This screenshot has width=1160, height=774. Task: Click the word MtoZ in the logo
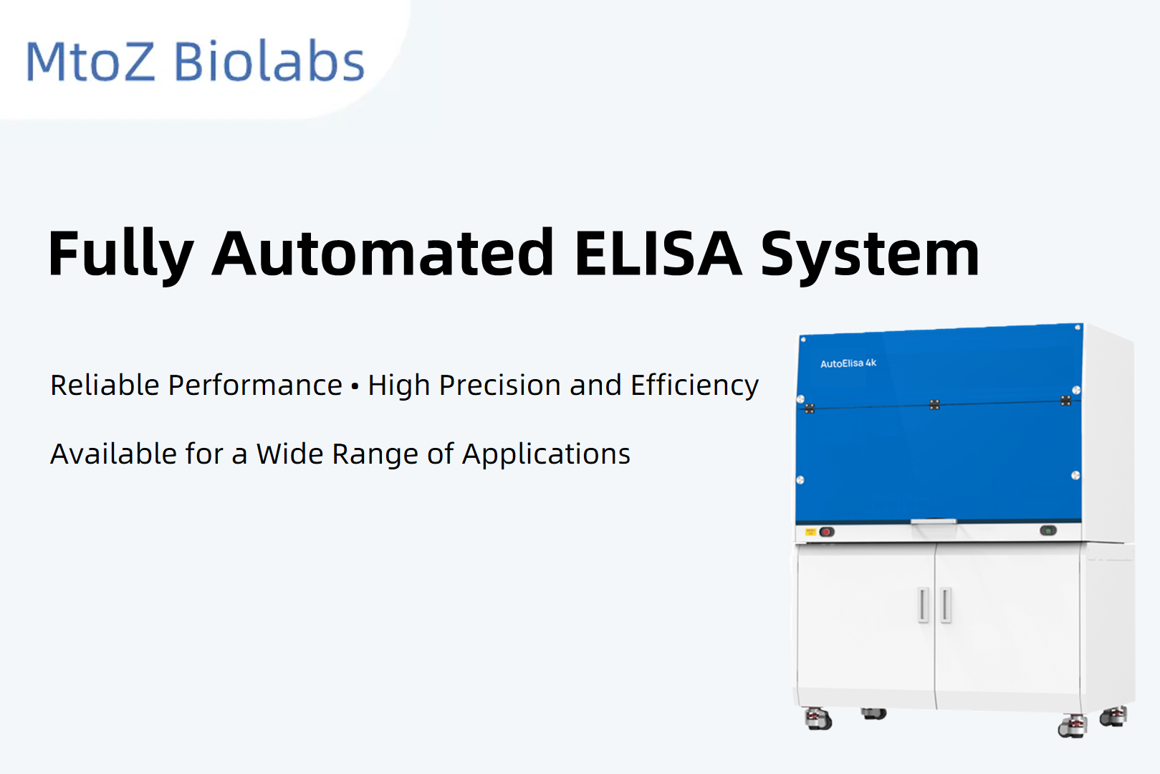(x=90, y=61)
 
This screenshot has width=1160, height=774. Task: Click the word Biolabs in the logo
(x=270, y=61)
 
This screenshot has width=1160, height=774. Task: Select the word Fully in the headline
(x=120, y=254)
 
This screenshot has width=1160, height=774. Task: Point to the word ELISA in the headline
(x=658, y=253)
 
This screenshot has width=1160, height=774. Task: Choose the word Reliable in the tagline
(x=105, y=385)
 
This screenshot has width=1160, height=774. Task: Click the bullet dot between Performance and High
(x=355, y=386)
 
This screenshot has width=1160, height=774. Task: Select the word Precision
(x=499, y=385)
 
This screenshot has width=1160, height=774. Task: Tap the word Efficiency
(x=694, y=386)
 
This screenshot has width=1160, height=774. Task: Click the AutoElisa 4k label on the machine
(x=848, y=363)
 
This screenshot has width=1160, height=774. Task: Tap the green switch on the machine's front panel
(x=1048, y=530)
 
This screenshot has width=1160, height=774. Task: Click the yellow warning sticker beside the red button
(x=810, y=532)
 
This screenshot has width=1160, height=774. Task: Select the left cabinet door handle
(x=924, y=605)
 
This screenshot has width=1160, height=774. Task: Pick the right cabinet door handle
(x=946, y=605)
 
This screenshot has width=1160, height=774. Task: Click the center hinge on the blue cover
(x=934, y=405)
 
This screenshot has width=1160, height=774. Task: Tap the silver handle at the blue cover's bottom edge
(x=934, y=521)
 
